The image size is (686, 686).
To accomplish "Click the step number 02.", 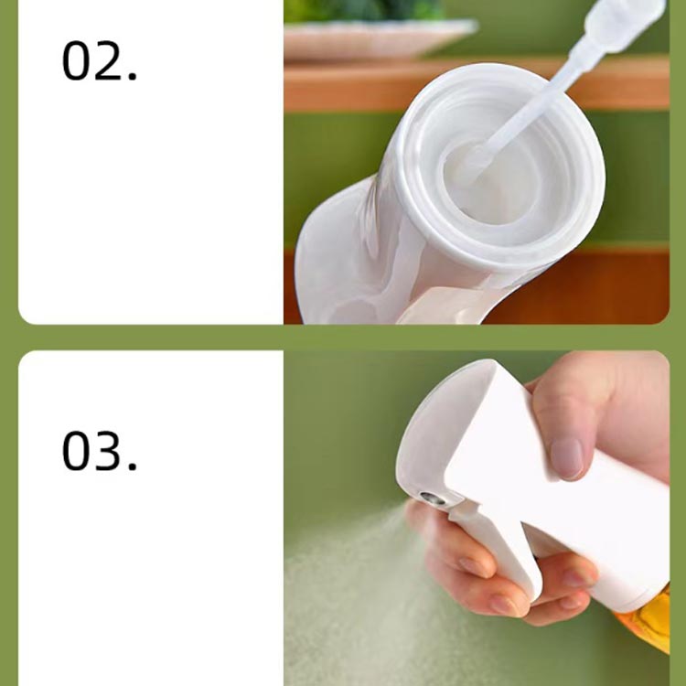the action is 100,60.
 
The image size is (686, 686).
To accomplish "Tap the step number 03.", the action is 100,451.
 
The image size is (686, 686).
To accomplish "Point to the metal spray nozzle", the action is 433,498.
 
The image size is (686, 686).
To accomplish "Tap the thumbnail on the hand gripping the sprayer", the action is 567,458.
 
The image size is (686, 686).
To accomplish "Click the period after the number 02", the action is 132,77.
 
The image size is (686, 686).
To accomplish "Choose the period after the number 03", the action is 132,466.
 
